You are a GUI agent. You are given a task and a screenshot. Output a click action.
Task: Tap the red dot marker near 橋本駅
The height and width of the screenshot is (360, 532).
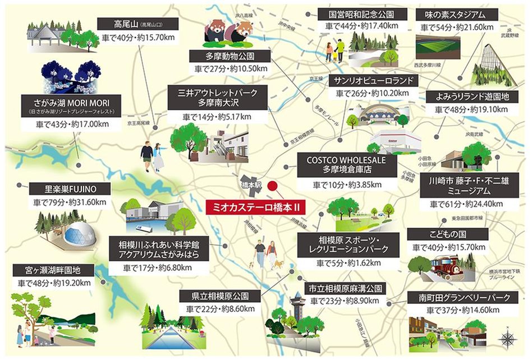pos(273,187)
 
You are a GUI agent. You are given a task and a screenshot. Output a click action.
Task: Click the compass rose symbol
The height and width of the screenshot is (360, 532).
pos(507,338)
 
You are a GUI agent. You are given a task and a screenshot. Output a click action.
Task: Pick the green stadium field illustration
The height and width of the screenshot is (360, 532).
pos(438,48)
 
